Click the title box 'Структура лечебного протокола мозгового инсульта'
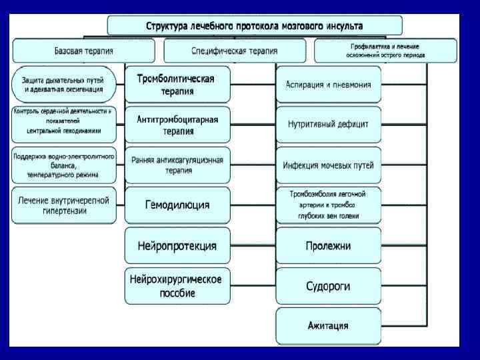pos(255,26)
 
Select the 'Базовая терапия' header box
pos(83,51)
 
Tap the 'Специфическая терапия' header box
pos(235,51)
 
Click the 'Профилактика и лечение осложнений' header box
pos(385,51)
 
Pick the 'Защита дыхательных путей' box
pos(63,84)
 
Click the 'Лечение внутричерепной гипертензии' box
pos(63,205)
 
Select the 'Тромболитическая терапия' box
pos(177,84)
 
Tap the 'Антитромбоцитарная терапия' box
pos(177,124)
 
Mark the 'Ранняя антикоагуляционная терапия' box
pos(177,165)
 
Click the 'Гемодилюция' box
pos(177,205)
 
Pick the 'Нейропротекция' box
pos(177,246)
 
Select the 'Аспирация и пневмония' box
pos(329,84)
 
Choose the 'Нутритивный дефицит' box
pos(329,124)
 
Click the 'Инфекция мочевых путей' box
pos(329,165)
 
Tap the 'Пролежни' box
pos(329,246)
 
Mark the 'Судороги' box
pos(329,287)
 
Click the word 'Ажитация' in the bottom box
pos(329,327)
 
